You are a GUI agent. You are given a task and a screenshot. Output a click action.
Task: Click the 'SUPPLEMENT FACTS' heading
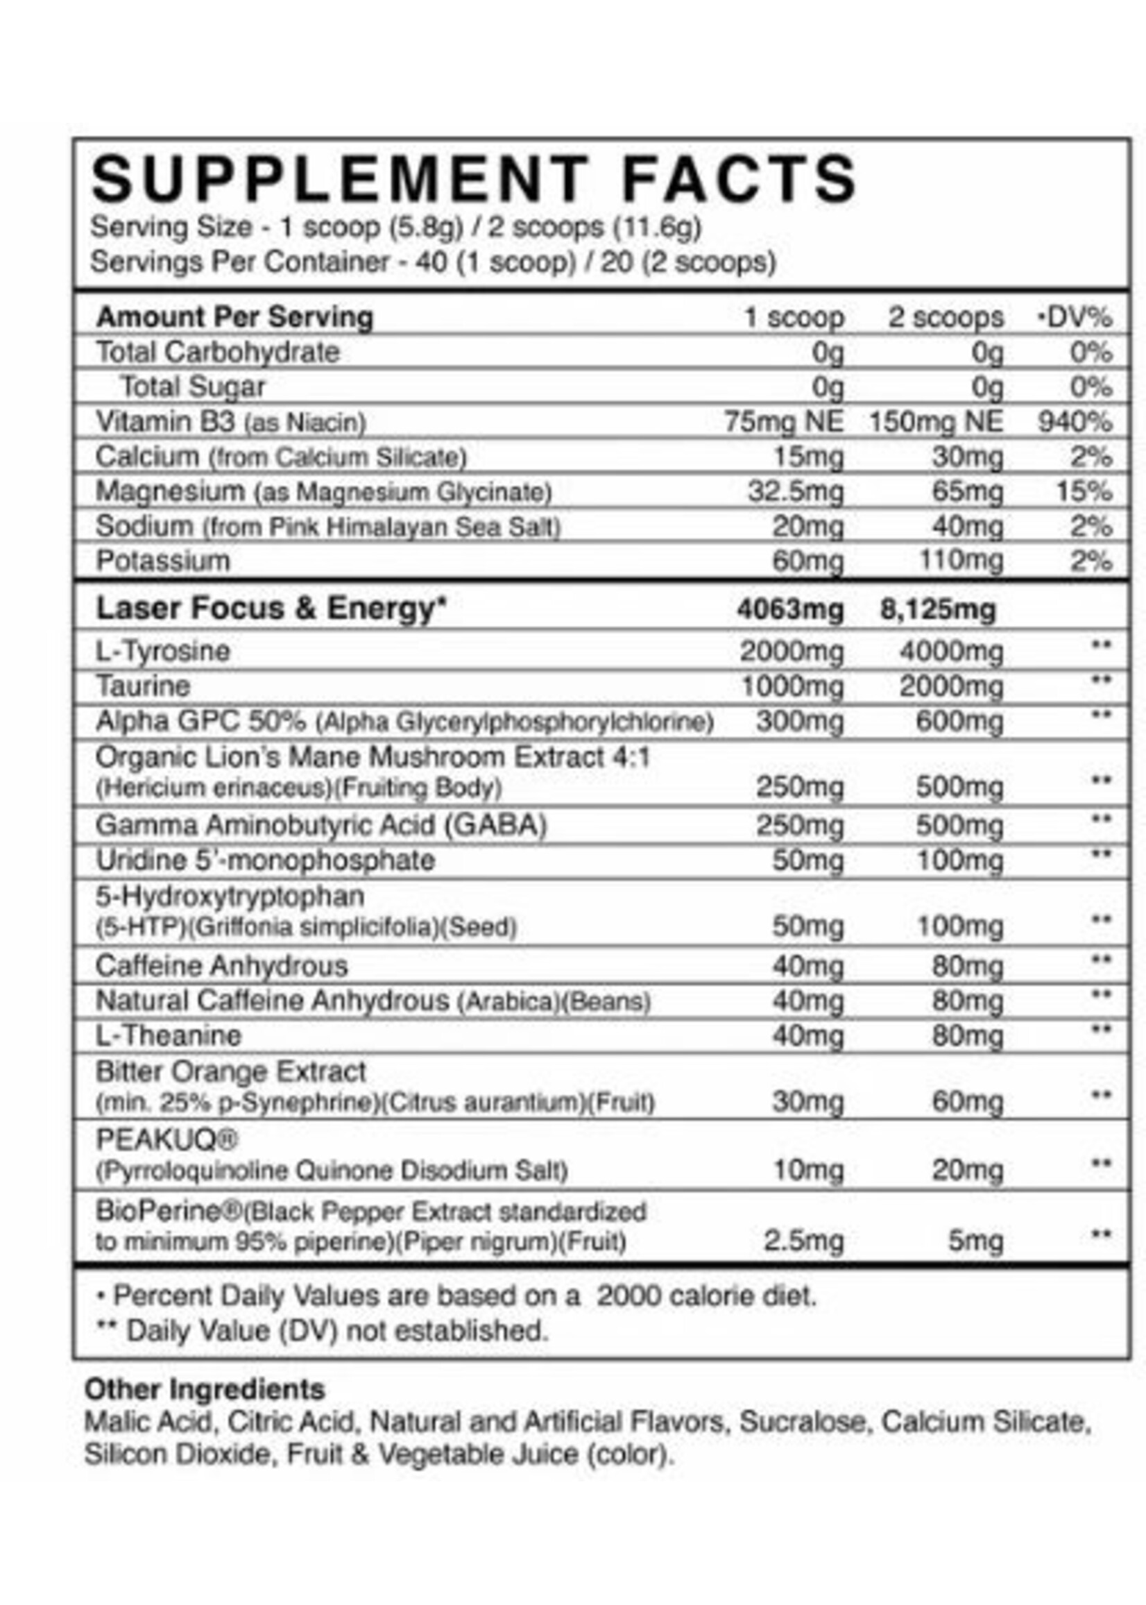(474, 179)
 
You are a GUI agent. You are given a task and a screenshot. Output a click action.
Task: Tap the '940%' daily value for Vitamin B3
(1074, 422)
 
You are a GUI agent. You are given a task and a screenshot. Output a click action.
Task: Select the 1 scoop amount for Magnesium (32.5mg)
(795, 492)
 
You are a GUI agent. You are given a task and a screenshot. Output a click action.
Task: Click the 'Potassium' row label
(163, 561)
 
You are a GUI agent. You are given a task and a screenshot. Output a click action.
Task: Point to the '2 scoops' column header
(945, 318)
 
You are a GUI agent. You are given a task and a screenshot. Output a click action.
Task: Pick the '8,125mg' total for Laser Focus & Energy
(937, 609)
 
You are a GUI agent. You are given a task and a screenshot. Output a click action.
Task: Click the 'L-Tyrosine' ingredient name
(163, 651)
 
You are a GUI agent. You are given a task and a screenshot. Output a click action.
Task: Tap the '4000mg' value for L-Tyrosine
(950, 651)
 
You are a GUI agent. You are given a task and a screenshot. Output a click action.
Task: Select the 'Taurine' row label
(143, 686)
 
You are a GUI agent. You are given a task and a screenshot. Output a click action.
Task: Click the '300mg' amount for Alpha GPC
(800, 722)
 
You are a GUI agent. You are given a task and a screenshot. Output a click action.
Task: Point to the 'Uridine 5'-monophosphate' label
(265, 860)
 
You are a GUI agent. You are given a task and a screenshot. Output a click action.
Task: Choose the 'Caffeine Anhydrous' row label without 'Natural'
(221, 965)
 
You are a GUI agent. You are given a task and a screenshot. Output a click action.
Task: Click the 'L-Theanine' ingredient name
(169, 1035)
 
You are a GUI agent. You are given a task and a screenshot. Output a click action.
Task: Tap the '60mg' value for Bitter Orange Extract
(967, 1102)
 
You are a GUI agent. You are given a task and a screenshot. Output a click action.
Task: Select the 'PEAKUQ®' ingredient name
(167, 1139)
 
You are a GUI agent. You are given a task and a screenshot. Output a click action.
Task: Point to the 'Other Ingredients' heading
(205, 1389)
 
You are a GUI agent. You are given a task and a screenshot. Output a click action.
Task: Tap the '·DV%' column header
(1075, 318)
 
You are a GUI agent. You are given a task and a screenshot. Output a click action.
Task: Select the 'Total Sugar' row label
(194, 387)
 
